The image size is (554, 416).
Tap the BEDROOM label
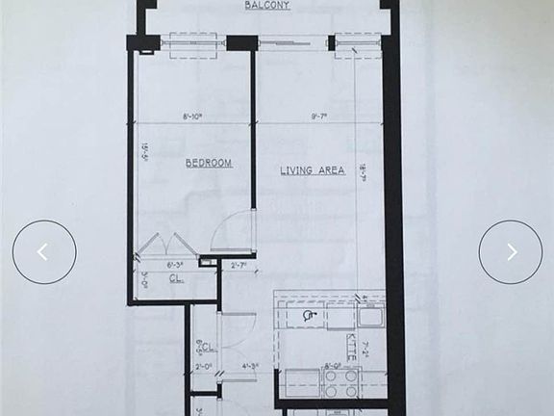[x=209, y=164]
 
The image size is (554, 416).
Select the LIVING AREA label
[x=312, y=170]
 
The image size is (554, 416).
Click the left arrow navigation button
[x=44, y=252]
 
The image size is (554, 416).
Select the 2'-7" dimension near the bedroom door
[x=239, y=265]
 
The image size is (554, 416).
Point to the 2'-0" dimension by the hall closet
[x=204, y=366]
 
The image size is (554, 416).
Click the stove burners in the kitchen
[x=340, y=384]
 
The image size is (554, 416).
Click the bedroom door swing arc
[x=232, y=231]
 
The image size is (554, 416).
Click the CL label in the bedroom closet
[x=176, y=279]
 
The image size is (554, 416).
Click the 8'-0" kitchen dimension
[x=334, y=366]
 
